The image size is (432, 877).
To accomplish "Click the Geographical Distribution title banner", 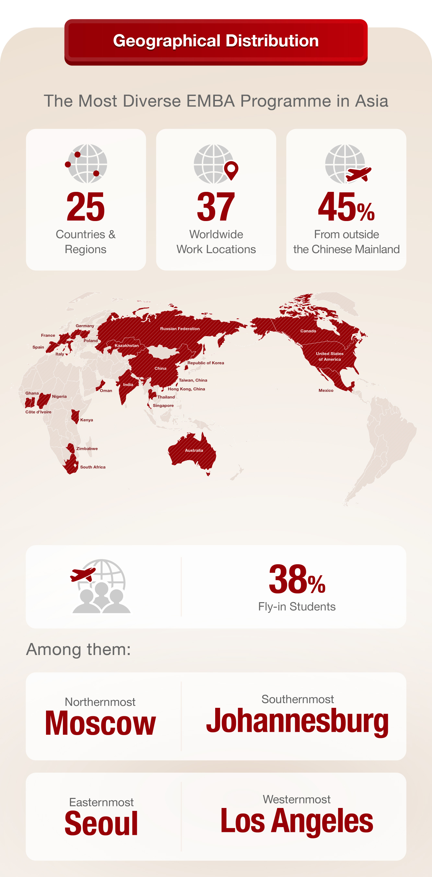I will point(216,41).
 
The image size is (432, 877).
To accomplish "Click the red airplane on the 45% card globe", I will point(358,174).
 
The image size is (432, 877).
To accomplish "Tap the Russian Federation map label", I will point(180,329).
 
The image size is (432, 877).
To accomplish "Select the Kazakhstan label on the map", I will point(127,345).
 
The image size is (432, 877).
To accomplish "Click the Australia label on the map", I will point(194,450).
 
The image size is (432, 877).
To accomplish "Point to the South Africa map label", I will point(93,467).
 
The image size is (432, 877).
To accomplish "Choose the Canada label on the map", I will point(308,331).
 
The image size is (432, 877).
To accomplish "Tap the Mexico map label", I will point(326,391).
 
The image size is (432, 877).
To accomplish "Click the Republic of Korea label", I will point(205,363).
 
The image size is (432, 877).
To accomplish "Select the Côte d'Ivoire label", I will point(39,412).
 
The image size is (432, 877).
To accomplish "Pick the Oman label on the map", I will point(106,391).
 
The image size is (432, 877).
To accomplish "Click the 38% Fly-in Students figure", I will point(297,579).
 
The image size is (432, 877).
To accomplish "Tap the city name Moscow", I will point(100,724).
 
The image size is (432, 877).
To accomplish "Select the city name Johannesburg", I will point(297,721).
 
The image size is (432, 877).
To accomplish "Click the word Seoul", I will point(101,824).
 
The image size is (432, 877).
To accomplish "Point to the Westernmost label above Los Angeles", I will point(297,799).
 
